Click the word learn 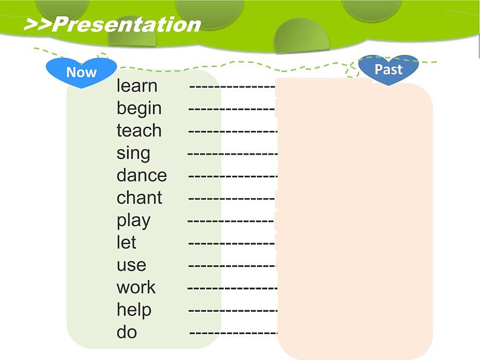point(137,85)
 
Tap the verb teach point(139,130)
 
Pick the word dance point(141,175)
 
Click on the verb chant point(139,198)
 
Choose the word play point(134,221)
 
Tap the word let point(126,242)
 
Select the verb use point(131,266)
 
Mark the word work point(136,287)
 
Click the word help point(134,310)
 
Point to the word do point(127,332)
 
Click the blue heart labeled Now point(82,72)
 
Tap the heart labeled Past point(389,69)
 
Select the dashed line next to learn point(232,87)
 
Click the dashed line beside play point(230,221)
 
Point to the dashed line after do point(233,333)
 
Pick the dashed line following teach point(233,132)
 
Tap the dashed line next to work point(232,288)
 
